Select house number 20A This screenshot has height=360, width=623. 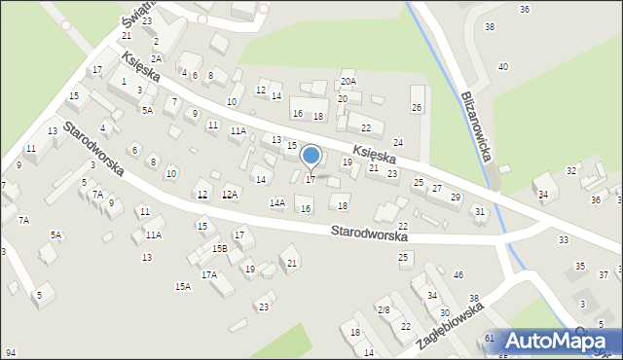click(x=348, y=82)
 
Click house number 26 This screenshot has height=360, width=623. click(x=417, y=107)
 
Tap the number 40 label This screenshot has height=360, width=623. click(x=503, y=66)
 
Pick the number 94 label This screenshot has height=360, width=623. click(x=10, y=352)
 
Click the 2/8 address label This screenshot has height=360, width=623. click(x=384, y=309)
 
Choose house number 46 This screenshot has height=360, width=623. click(x=458, y=276)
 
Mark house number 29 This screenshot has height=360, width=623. click(x=456, y=198)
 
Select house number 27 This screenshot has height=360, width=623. click(x=437, y=188)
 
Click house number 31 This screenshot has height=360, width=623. click(x=479, y=211)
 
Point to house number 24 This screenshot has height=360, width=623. click(x=397, y=143)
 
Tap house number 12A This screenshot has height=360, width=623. click(x=230, y=195)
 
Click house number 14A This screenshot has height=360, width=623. click(x=277, y=202)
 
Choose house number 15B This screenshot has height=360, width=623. click(x=220, y=249)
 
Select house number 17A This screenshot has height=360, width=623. click(x=209, y=275)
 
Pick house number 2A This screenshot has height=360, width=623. click(x=156, y=59)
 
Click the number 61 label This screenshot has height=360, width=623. click(x=490, y=338)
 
